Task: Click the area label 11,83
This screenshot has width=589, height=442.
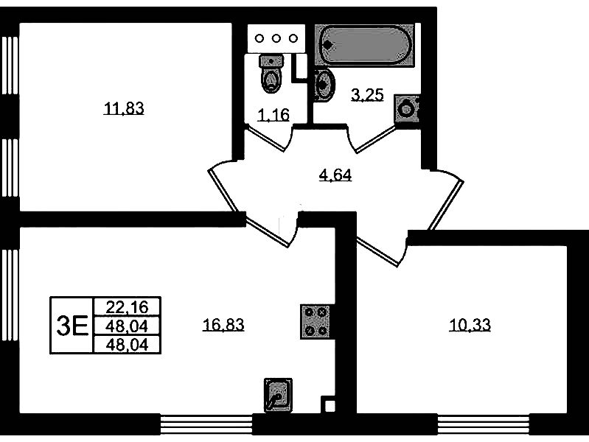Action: click(x=123, y=110)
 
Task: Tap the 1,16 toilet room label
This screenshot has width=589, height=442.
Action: click(x=272, y=114)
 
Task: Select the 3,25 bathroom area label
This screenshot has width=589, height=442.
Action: click(x=366, y=94)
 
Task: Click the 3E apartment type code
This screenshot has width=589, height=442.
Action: click(x=72, y=325)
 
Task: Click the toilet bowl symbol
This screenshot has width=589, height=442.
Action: click(x=272, y=73)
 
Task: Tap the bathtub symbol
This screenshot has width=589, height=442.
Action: click(x=365, y=44)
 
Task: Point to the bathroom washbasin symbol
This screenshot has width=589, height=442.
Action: click(x=323, y=84)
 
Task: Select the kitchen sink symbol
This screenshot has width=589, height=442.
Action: click(x=278, y=396)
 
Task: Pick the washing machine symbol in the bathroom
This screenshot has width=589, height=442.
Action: click(x=406, y=110)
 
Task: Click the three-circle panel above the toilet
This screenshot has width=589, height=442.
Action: click(x=276, y=38)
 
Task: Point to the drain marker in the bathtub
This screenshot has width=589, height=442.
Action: click(x=329, y=44)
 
